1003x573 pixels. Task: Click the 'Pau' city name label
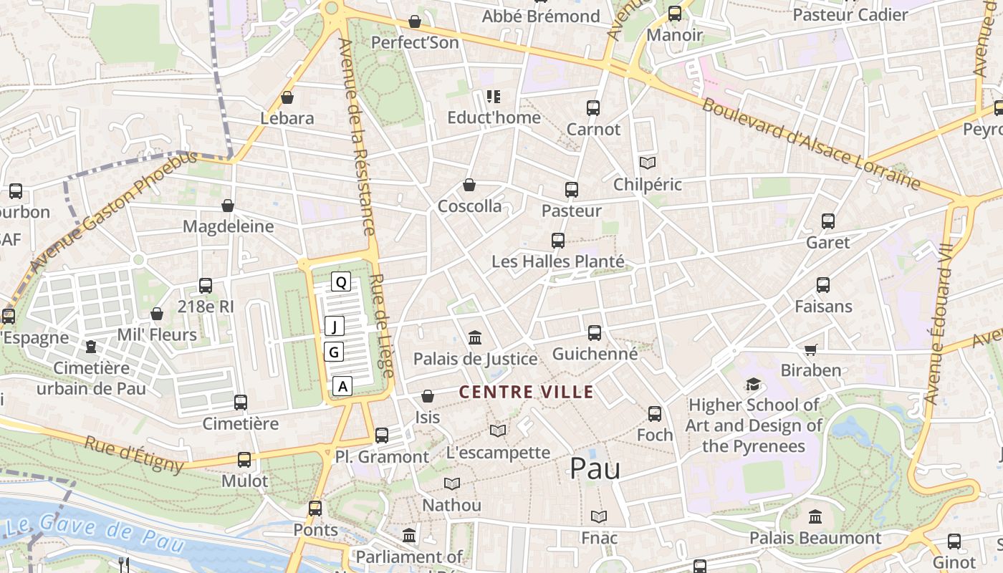point(595,468)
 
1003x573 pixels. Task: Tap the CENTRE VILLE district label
point(526,392)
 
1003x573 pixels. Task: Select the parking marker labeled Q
point(341,282)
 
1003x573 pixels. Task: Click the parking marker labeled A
point(343,386)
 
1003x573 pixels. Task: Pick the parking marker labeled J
point(335,327)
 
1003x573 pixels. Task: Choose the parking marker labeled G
point(334,352)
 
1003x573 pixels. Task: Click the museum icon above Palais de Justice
point(474,337)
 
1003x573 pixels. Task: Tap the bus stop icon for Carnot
point(593,108)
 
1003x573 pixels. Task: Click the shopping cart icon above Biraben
point(810,350)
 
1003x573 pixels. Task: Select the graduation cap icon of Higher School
point(753,385)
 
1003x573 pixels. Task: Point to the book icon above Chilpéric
point(648,163)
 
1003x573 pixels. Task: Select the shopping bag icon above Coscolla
point(469,185)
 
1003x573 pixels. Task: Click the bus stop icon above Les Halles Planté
point(558,241)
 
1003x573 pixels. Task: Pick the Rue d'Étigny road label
point(134,454)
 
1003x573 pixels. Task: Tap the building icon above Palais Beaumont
point(815,516)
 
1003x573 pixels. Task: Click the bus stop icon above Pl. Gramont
point(382,435)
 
